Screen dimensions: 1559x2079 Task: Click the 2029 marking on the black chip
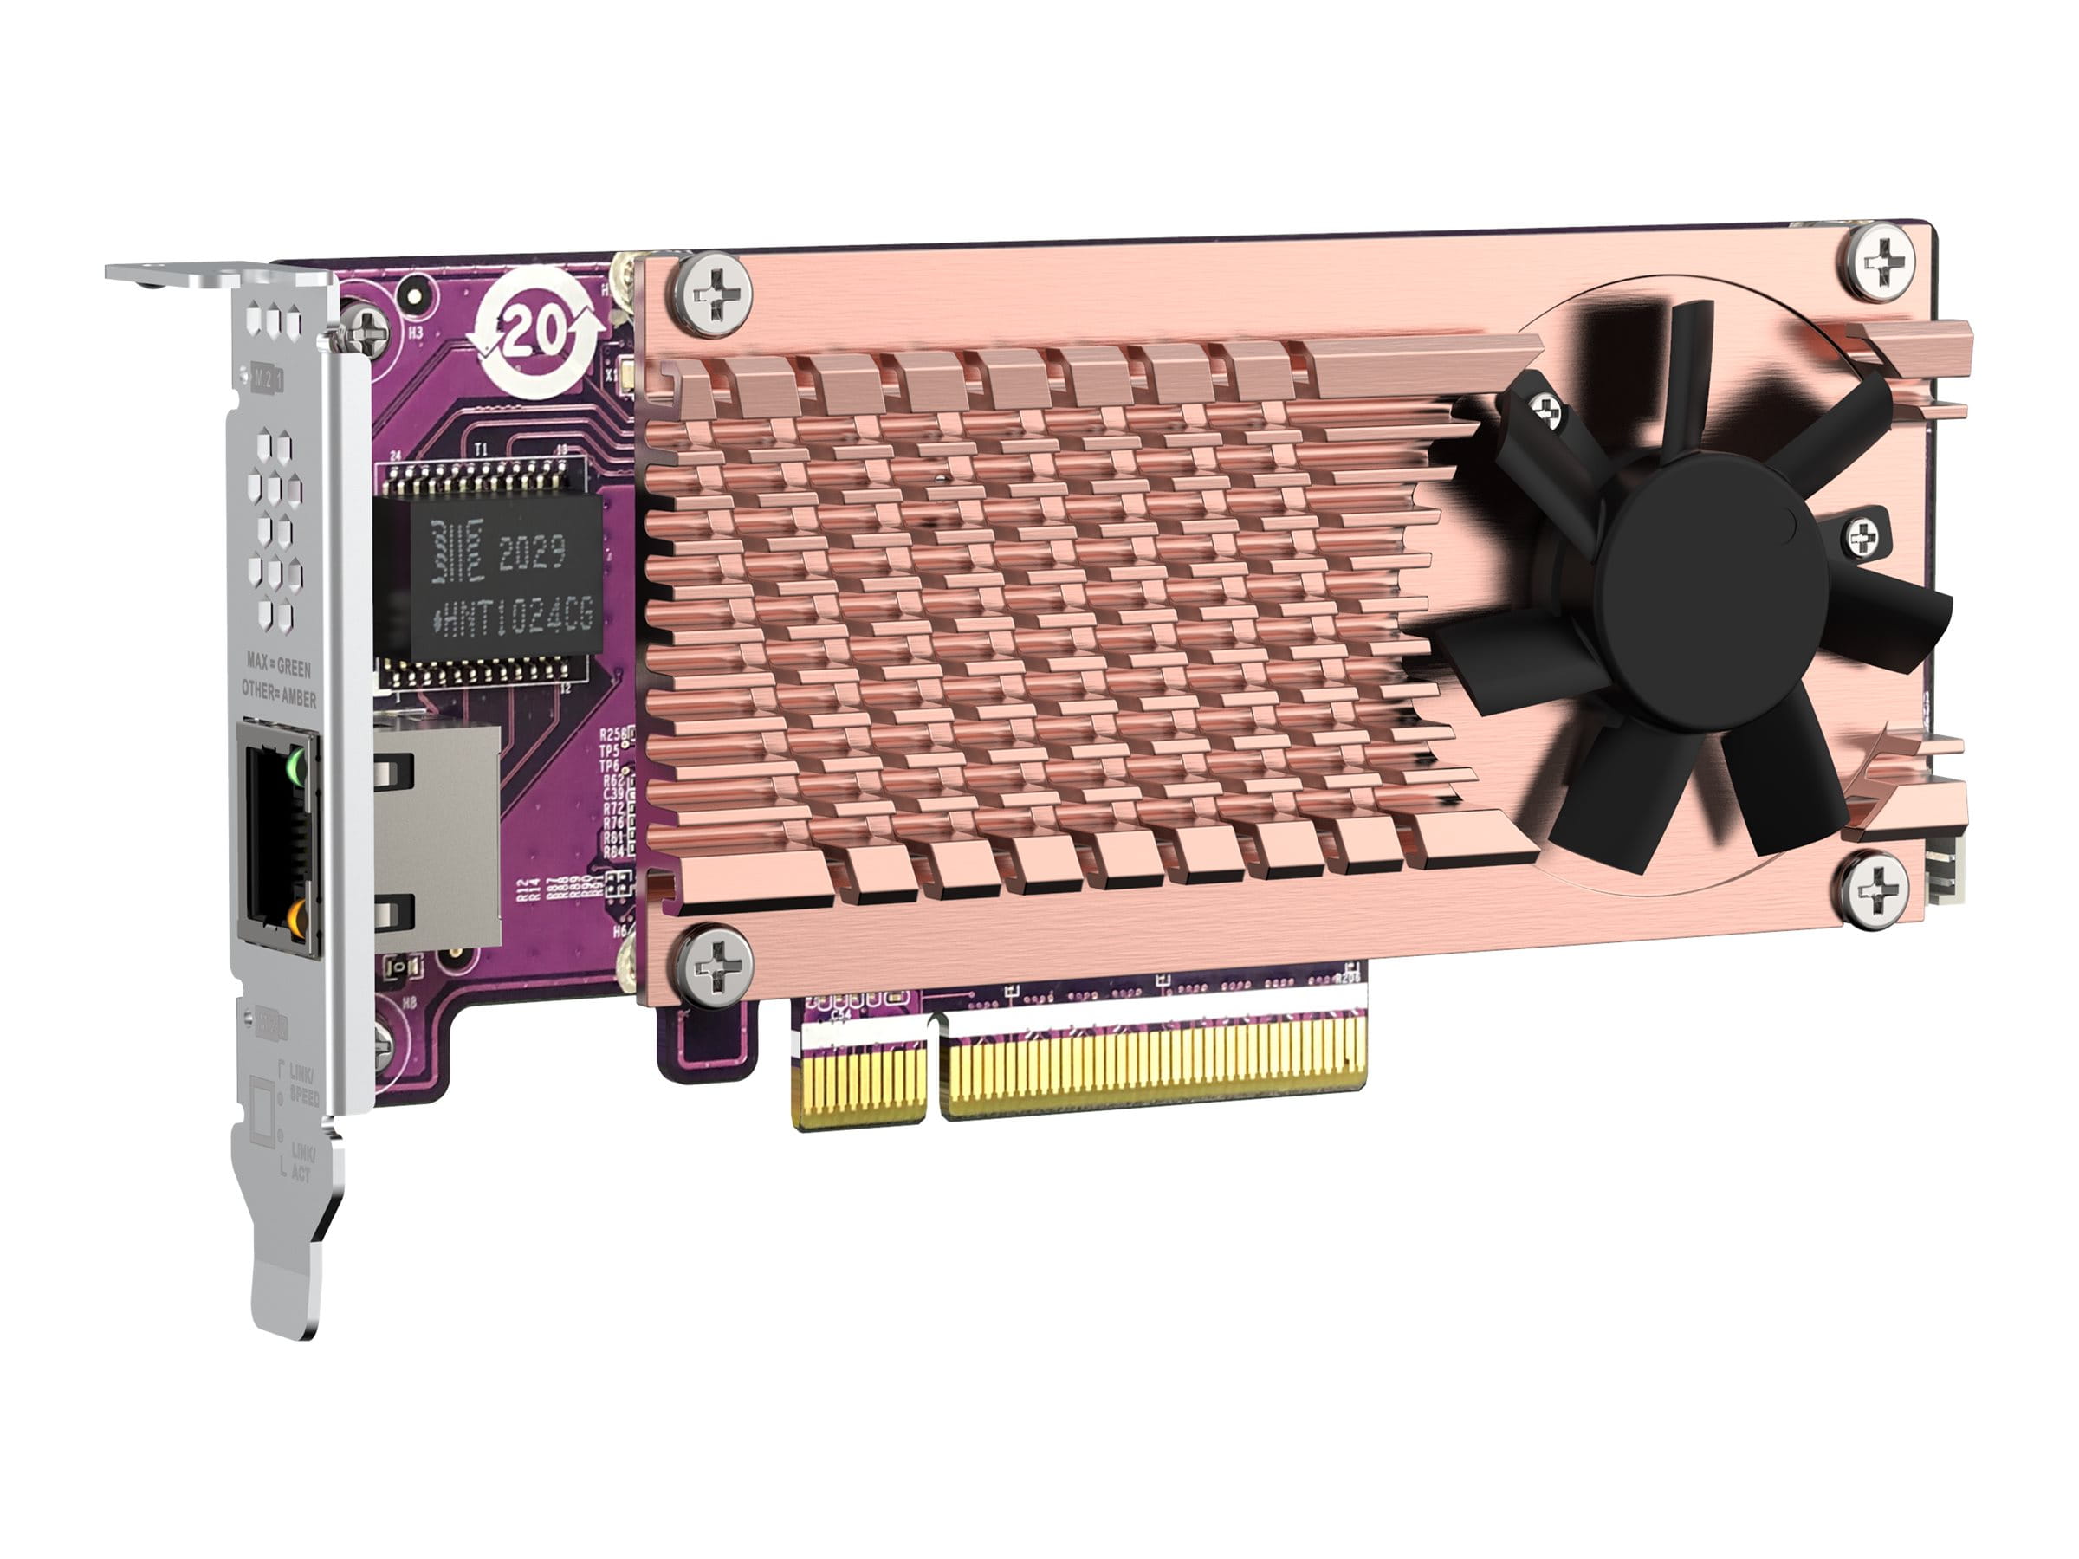(x=531, y=553)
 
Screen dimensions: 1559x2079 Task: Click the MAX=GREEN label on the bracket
(x=278, y=666)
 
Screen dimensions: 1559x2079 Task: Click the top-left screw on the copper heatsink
(x=715, y=297)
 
